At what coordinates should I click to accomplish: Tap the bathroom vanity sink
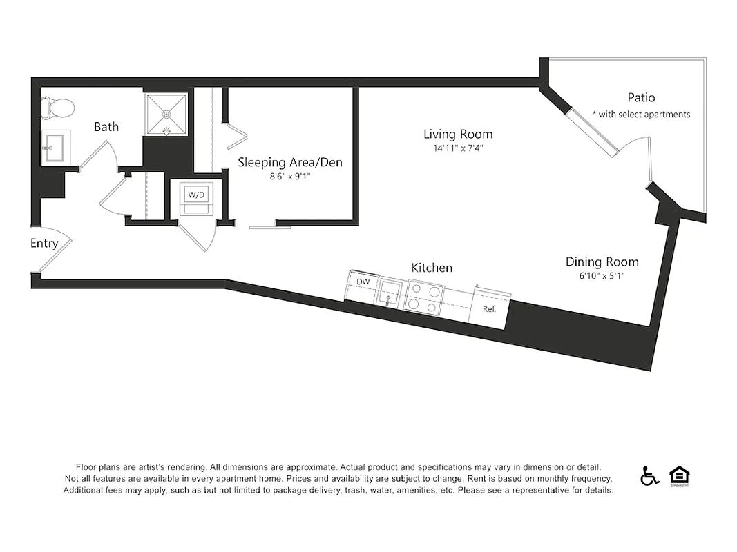(52, 146)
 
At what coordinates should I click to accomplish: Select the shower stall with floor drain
(165, 114)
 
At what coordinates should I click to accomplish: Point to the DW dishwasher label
(363, 282)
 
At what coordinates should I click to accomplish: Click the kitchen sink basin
(390, 293)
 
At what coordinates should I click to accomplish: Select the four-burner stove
(424, 297)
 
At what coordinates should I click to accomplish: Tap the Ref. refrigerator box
(489, 309)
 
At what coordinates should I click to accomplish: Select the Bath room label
(106, 126)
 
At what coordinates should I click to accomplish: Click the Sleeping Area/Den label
(290, 162)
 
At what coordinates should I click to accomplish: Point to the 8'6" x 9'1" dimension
(290, 177)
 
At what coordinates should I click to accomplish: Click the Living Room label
(458, 134)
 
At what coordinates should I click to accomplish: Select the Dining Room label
(602, 262)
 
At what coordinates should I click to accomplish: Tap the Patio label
(641, 97)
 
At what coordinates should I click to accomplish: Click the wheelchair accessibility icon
(649, 476)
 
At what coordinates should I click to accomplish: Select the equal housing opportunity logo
(680, 475)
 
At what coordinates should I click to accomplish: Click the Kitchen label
(432, 267)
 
